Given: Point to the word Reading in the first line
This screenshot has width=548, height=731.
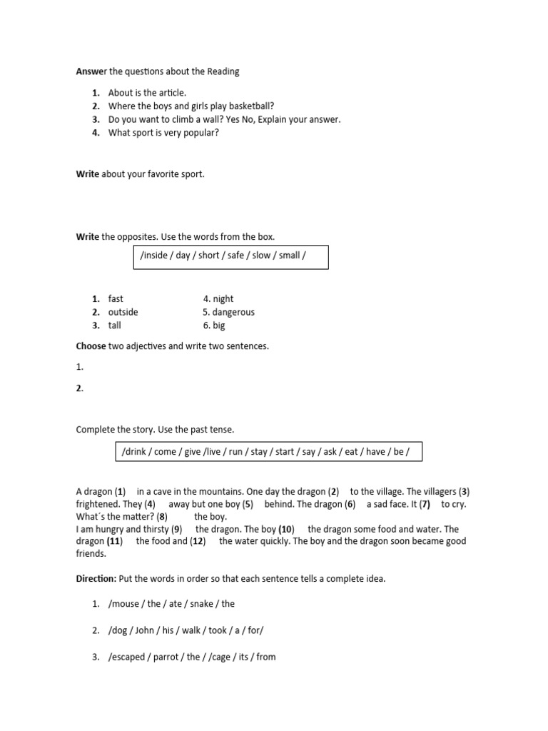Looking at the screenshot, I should point(223,71).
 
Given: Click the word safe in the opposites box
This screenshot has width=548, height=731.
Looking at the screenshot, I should point(237,256).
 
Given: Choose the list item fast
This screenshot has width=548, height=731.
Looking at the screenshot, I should point(116,299).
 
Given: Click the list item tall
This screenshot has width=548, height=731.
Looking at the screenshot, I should point(115,326).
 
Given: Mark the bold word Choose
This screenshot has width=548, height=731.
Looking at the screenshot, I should point(91,346).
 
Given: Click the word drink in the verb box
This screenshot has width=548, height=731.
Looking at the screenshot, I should point(134,452).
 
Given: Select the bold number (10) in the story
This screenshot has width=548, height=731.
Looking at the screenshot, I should point(286,529).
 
